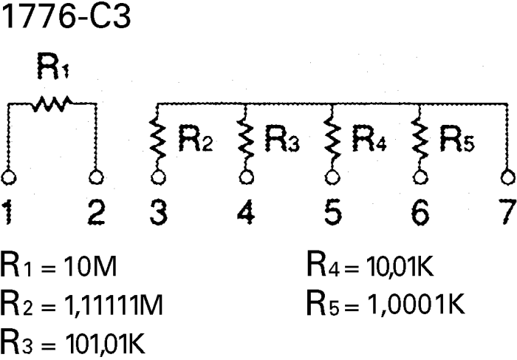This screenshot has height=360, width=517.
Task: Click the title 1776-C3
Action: tap(66, 16)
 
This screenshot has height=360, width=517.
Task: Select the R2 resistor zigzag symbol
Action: tap(157, 138)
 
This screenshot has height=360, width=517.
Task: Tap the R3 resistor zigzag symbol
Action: tap(245, 138)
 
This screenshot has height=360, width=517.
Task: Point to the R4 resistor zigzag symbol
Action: tap(332, 138)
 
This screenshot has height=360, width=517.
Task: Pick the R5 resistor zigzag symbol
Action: tap(420, 138)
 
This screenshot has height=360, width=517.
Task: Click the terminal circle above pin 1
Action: tap(9, 177)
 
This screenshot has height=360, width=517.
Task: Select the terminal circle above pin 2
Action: tap(96, 177)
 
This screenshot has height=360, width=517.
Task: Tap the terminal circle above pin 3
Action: tap(158, 177)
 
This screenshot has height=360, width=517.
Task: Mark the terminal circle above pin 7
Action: tap(508, 177)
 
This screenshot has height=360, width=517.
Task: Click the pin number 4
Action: tap(246, 212)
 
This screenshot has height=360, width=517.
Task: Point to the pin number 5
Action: tap(333, 212)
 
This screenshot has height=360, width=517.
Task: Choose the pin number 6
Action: tap(420, 212)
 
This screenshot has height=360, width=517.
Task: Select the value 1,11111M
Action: tap(114, 305)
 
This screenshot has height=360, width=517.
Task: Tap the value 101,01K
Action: tap(105, 343)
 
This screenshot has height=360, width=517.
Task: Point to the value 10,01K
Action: tap(400, 266)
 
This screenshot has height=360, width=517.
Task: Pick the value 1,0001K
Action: tap(416, 304)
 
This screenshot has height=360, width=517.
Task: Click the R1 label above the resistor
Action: tap(53, 66)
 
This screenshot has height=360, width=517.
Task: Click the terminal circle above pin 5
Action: tap(332, 177)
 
